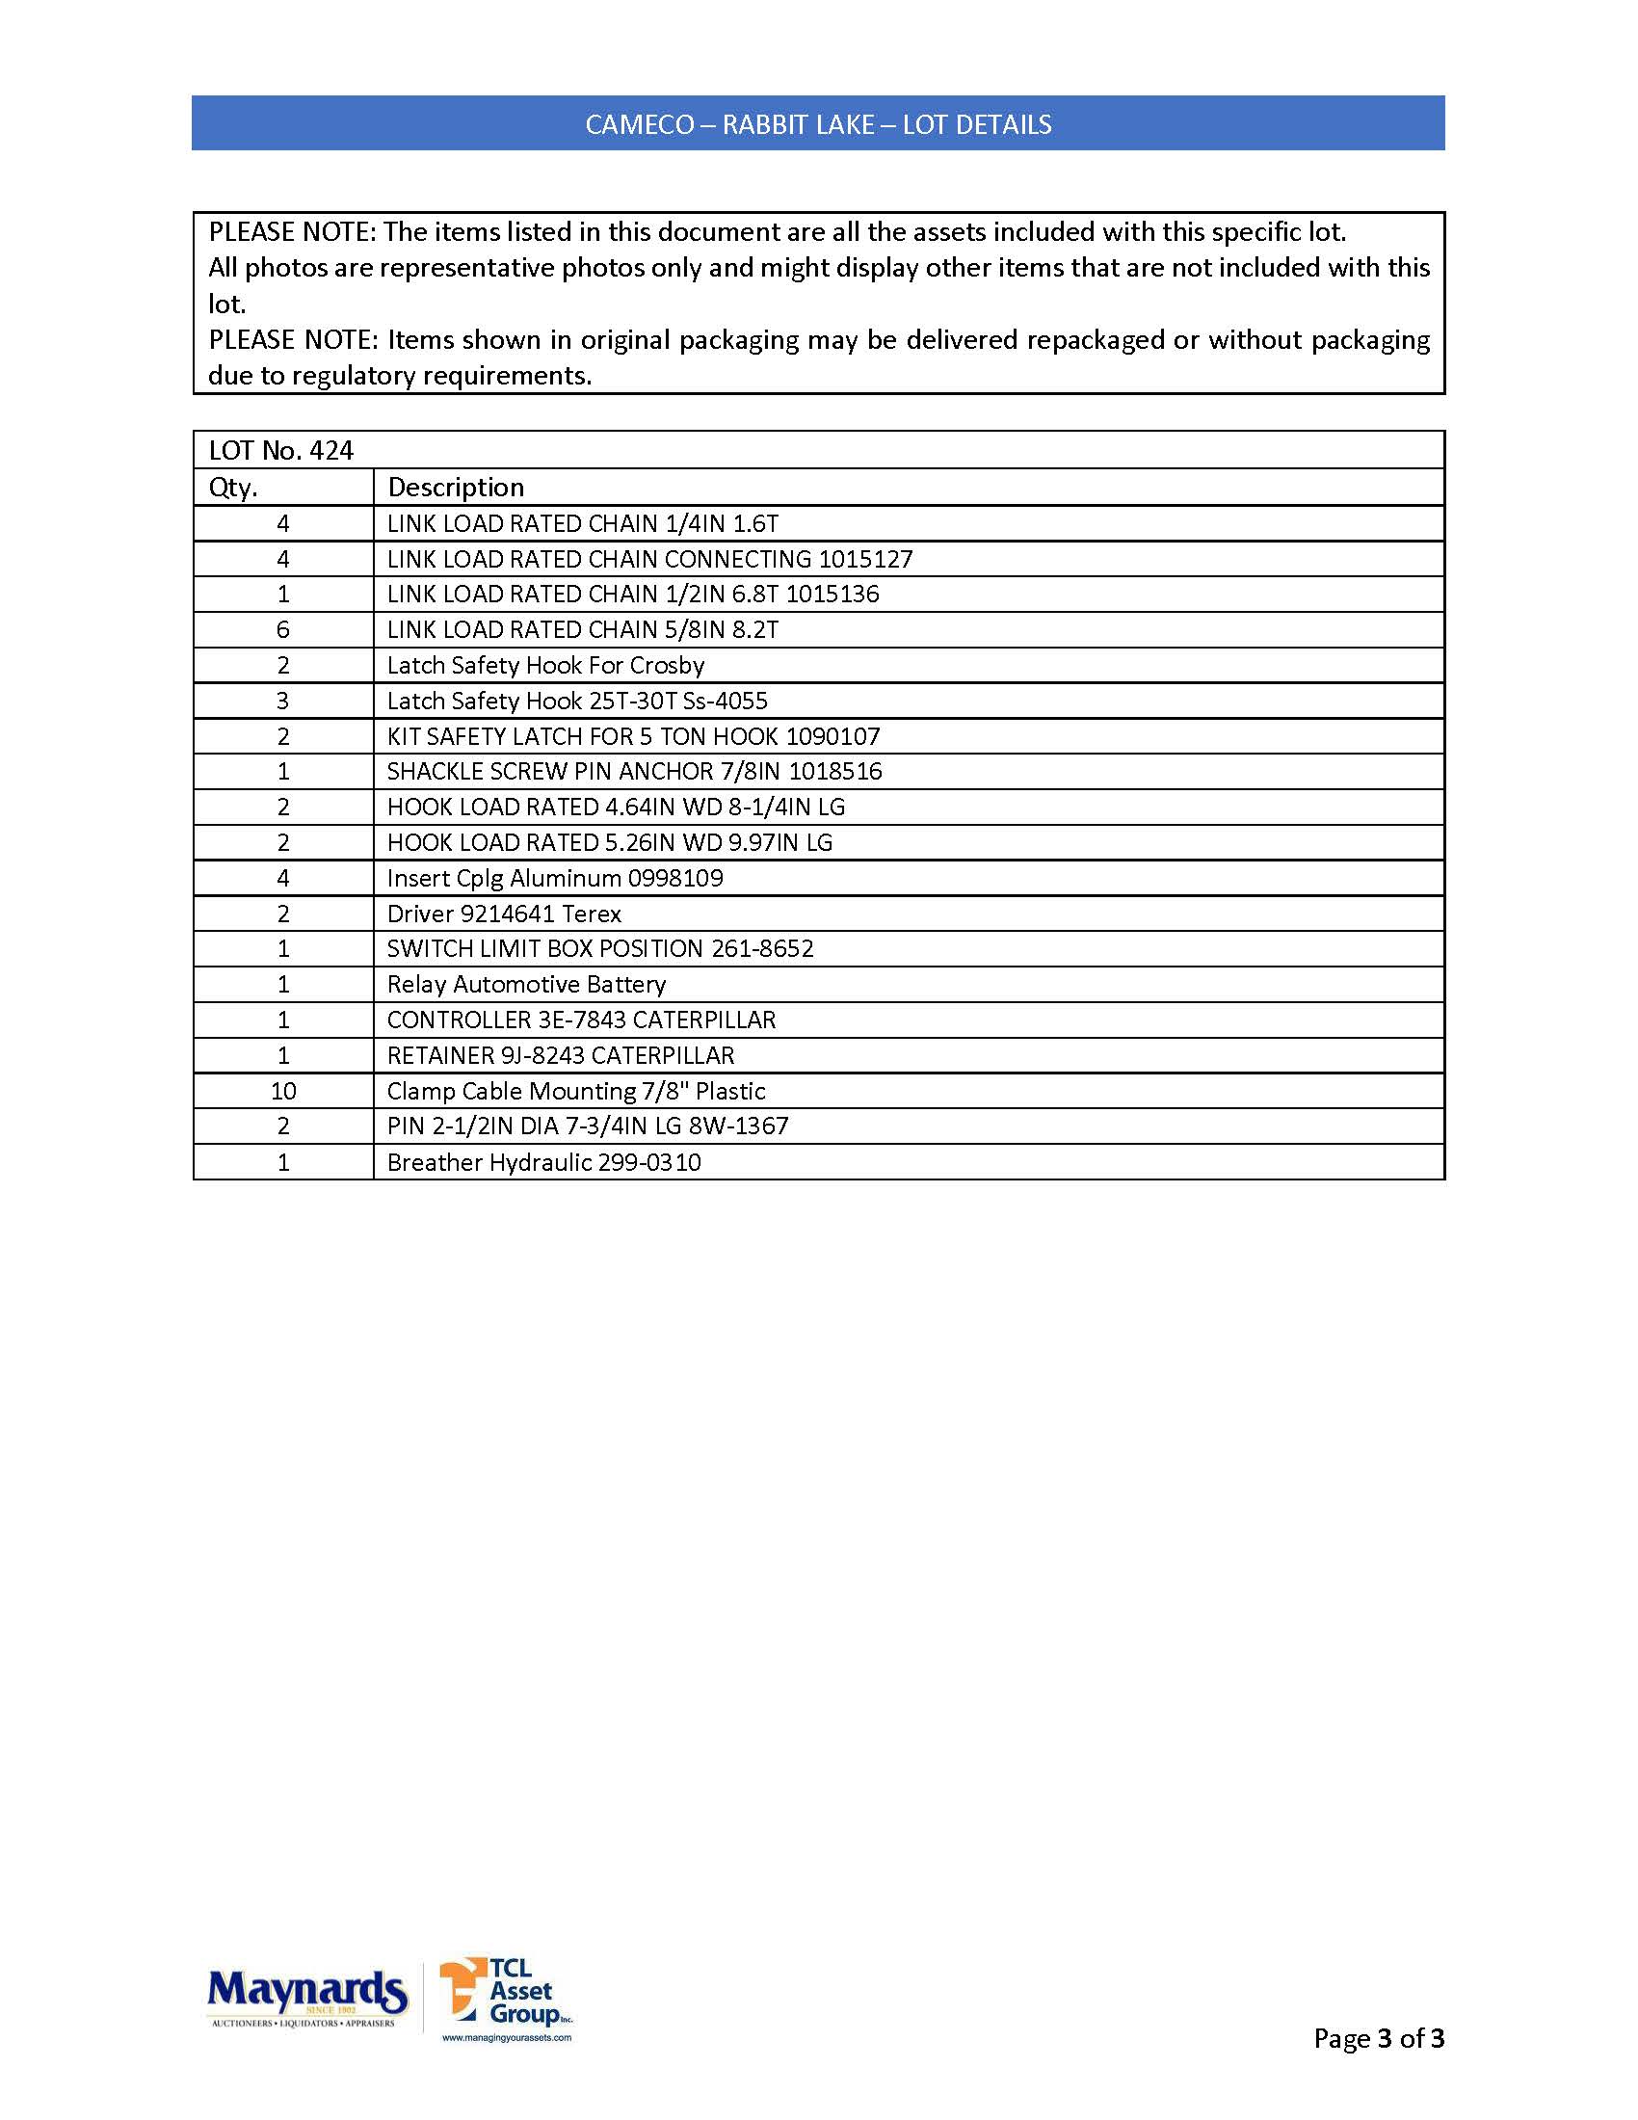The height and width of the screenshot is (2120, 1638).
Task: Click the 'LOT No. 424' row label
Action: [x=281, y=450]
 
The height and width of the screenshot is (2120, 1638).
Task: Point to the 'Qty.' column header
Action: [x=233, y=488]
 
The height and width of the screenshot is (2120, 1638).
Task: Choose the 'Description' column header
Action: [x=455, y=488]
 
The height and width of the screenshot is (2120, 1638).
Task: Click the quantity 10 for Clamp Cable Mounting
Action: [x=283, y=1091]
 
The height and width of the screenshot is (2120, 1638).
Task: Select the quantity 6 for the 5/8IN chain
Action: [x=283, y=630]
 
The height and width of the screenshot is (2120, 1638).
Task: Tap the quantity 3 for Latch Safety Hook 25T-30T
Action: [x=283, y=701]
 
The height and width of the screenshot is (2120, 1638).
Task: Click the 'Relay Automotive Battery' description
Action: [x=526, y=984]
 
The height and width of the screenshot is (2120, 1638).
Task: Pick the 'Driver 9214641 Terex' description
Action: [x=504, y=914]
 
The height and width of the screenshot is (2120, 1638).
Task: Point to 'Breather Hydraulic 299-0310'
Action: [x=543, y=1162]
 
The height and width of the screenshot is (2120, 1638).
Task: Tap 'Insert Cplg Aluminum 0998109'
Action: [x=555, y=879]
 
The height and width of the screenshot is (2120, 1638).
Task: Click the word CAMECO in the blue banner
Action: [x=640, y=125]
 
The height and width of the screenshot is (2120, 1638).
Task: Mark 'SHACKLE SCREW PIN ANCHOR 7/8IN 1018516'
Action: [x=635, y=772]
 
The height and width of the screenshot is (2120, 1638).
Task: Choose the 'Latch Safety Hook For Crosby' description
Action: [x=545, y=666]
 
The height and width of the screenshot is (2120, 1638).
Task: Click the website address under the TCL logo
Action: [x=507, y=2037]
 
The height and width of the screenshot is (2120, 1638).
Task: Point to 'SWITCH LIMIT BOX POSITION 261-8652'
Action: [x=599, y=948]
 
